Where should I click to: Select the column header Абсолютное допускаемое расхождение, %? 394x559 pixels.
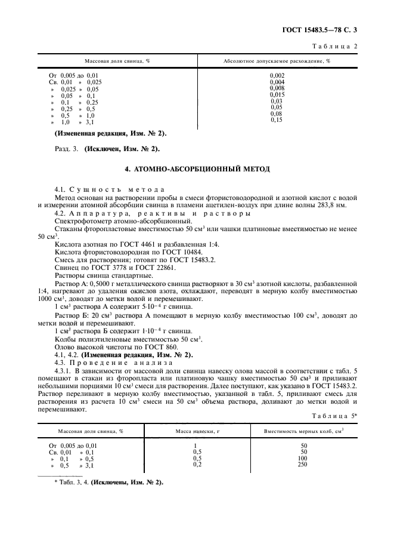(277, 62)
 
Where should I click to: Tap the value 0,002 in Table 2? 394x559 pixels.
(277, 75)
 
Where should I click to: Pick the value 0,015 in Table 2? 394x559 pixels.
(277, 94)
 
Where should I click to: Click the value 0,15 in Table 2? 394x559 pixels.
(277, 120)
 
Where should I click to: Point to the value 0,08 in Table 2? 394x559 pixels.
(277, 113)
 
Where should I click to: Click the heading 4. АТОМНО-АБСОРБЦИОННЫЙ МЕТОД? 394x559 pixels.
(197, 170)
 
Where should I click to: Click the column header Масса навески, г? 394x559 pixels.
(197, 431)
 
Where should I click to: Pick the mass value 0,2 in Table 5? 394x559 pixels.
(196, 464)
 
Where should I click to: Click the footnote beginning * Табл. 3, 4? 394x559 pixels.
(109, 481)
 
